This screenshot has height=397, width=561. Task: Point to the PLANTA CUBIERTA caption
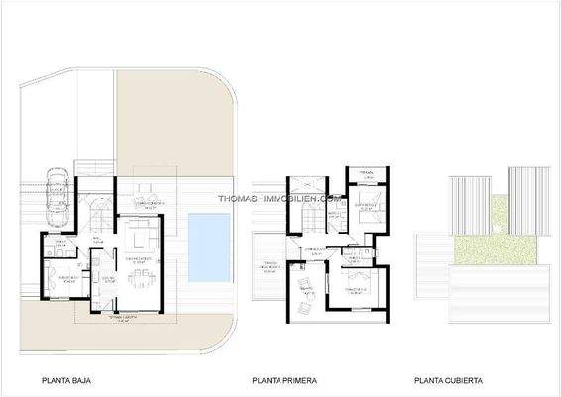tap(449, 380)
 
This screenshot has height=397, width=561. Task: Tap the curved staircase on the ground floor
tap(100, 211)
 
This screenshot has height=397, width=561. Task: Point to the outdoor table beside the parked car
tap(146, 191)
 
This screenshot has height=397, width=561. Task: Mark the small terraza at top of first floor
tap(365, 176)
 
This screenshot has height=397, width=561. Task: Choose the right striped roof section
tap(523, 198)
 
